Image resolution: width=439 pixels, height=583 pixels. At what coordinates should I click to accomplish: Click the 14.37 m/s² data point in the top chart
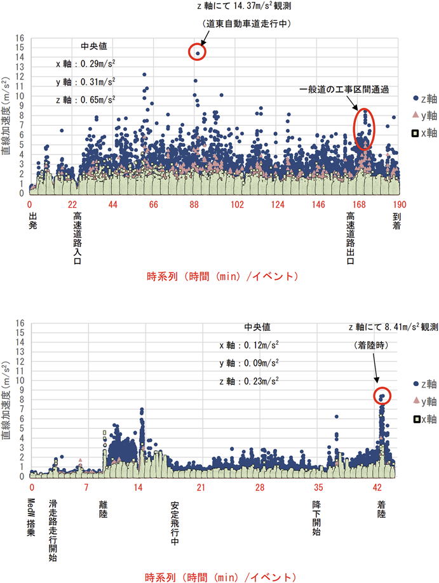pos(198,53)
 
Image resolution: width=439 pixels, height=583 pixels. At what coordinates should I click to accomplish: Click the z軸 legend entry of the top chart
pos(423,98)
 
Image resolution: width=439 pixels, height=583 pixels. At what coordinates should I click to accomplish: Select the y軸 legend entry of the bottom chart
pos(423,401)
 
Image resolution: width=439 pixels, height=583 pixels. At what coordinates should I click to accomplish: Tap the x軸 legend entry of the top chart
pos(423,132)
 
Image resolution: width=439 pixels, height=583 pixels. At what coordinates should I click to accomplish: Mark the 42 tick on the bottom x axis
pos(377,488)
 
